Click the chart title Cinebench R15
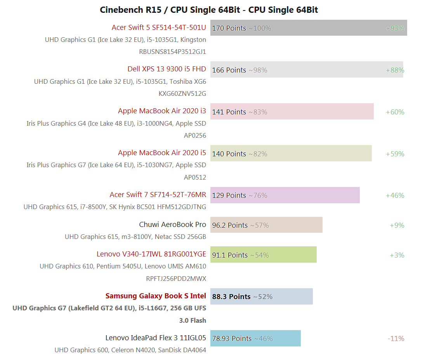209,10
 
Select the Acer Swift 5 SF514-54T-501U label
159,28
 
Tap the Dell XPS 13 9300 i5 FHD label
166,69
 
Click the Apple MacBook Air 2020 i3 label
162,111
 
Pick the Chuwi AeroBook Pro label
172,225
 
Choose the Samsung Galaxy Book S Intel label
156,296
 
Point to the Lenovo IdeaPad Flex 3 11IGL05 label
156,338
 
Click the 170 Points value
229,28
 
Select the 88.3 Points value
231,297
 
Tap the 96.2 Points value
230,225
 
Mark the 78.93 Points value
232,339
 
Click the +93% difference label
395,28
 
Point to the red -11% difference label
396,339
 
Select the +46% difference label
395,196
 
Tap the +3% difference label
397,255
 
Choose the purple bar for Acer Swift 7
310,195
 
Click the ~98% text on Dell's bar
258,70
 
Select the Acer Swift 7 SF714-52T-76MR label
158,195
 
